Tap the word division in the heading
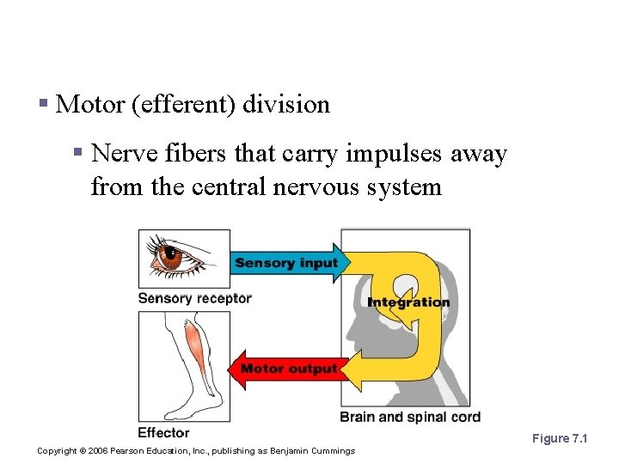[x=286, y=105]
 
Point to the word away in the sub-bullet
[x=479, y=154]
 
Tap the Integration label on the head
[x=408, y=302]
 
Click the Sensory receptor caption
[x=194, y=299]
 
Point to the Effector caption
[x=163, y=432]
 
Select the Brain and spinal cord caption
[x=410, y=418]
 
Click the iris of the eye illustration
[x=173, y=255]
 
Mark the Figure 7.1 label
[x=559, y=438]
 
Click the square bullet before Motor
[x=43, y=105]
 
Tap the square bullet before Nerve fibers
[x=77, y=154]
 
